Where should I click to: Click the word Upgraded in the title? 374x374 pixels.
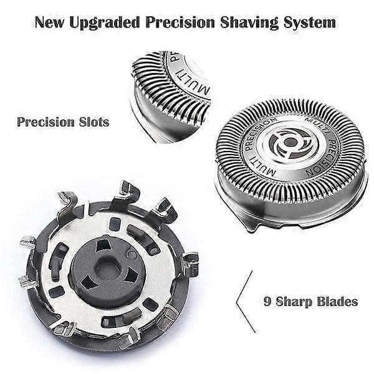[x=105, y=23]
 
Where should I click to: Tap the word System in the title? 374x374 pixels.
[x=310, y=22]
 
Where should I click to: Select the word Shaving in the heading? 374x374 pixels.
[x=249, y=23]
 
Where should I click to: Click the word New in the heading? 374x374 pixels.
[x=50, y=22]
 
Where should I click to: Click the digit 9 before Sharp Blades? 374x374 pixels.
[x=267, y=302]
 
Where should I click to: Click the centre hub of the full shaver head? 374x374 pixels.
[x=290, y=143]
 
